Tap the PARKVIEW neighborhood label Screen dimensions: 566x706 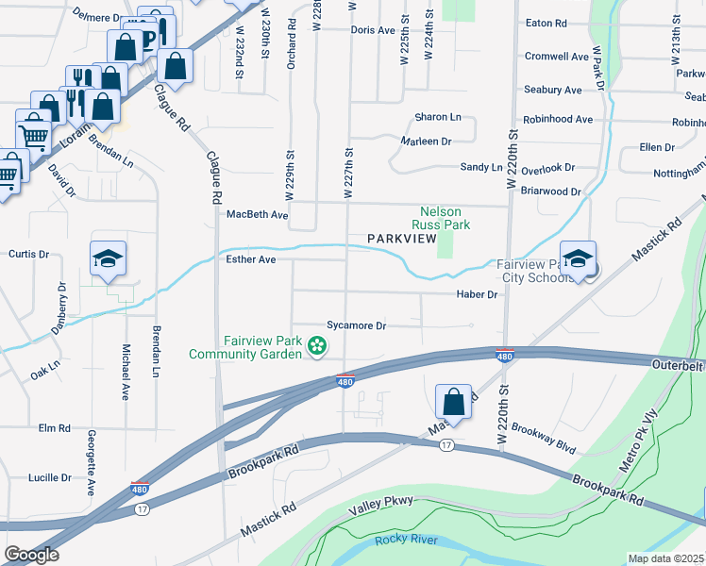point(401,241)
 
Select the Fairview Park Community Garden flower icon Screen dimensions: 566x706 point(317,348)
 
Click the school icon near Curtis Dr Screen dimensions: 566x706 point(109,258)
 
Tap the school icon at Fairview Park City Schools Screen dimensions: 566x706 point(578,258)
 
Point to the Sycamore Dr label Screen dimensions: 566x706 point(357,325)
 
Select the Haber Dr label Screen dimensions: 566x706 point(478,295)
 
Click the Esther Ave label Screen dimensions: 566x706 point(249,259)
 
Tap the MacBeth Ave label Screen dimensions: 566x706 point(257,215)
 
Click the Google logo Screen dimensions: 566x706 point(30,554)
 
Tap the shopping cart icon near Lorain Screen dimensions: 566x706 point(34,134)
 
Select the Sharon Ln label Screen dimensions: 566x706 point(438,117)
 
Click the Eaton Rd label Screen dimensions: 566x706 point(546,22)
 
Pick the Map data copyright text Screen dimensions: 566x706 point(665,558)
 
